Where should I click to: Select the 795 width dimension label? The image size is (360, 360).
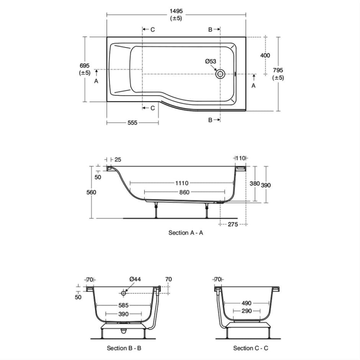[x=278, y=71]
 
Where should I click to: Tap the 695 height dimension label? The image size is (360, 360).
[x=85, y=66]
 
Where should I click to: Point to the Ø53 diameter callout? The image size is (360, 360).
[x=211, y=61]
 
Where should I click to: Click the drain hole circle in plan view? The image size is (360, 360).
[x=220, y=74]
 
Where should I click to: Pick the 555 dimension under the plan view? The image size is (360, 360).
[x=132, y=123]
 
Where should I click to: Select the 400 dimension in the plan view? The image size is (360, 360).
[x=265, y=55]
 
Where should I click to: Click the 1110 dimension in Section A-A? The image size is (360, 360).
[x=182, y=183]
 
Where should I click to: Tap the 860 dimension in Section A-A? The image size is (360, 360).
[x=184, y=192]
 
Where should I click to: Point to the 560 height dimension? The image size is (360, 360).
[x=91, y=192]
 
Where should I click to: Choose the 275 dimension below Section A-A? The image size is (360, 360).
[x=233, y=224]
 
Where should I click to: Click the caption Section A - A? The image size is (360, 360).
[x=186, y=233]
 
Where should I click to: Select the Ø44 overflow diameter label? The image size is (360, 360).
[x=135, y=279]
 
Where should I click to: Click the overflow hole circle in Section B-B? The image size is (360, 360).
[x=123, y=293]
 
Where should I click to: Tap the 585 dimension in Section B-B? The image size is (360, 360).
[x=123, y=305]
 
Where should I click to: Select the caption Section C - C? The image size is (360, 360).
[x=251, y=348]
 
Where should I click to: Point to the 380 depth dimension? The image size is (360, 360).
[x=255, y=183]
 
